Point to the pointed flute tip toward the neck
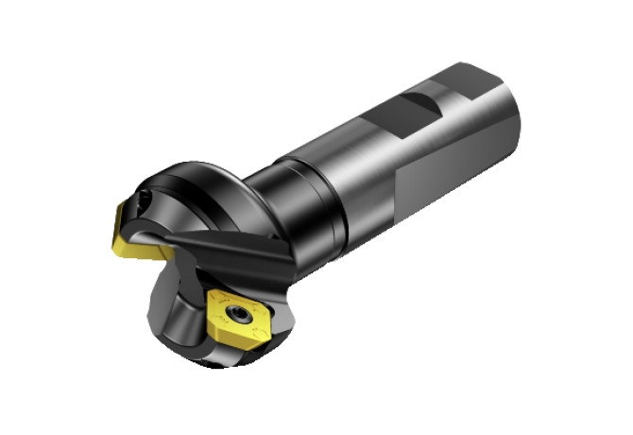[x=283, y=248]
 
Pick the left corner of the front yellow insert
[x=210, y=304]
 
